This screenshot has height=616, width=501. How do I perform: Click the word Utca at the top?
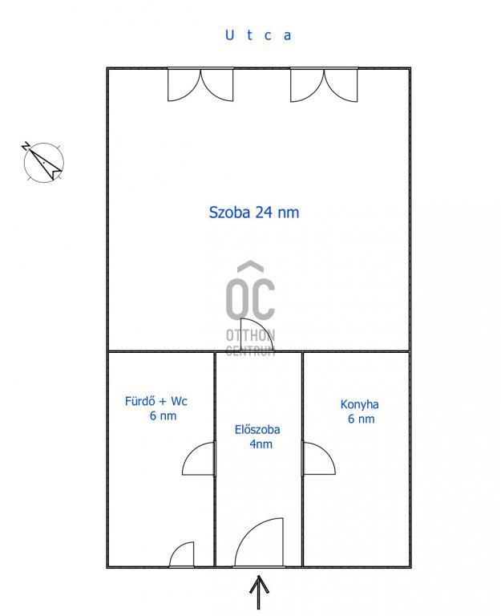[x=258, y=35]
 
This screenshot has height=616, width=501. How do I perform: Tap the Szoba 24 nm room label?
[x=253, y=212]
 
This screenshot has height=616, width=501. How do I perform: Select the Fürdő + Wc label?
[x=156, y=401]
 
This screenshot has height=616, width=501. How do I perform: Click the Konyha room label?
[x=359, y=404]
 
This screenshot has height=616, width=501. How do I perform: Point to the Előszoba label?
[x=257, y=429]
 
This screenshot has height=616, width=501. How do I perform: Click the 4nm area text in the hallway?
[x=261, y=444]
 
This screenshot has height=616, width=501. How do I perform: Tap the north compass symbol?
[x=42, y=162]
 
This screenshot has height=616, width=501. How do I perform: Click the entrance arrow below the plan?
[x=259, y=592]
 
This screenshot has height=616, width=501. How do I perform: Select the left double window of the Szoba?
[x=200, y=85]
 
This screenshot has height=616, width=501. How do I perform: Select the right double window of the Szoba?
[x=324, y=85]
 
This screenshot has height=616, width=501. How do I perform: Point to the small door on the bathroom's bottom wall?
[x=181, y=554]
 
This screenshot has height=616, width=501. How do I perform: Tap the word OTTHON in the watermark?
[x=250, y=335]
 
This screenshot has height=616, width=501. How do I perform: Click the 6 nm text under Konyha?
[x=362, y=419]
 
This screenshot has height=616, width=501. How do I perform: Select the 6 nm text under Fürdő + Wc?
[x=163, y=415]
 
